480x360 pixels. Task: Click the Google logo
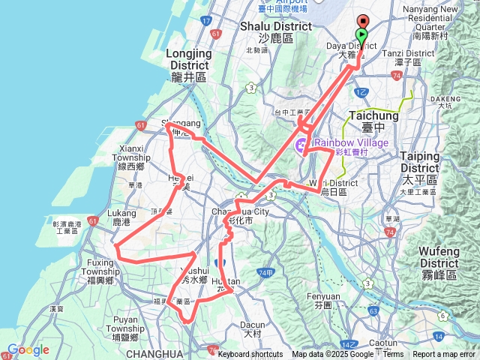pos(28,349)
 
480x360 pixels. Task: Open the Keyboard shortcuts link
pos(250,355)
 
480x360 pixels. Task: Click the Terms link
pos(393,355)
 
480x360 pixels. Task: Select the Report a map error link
pos(445,355)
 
